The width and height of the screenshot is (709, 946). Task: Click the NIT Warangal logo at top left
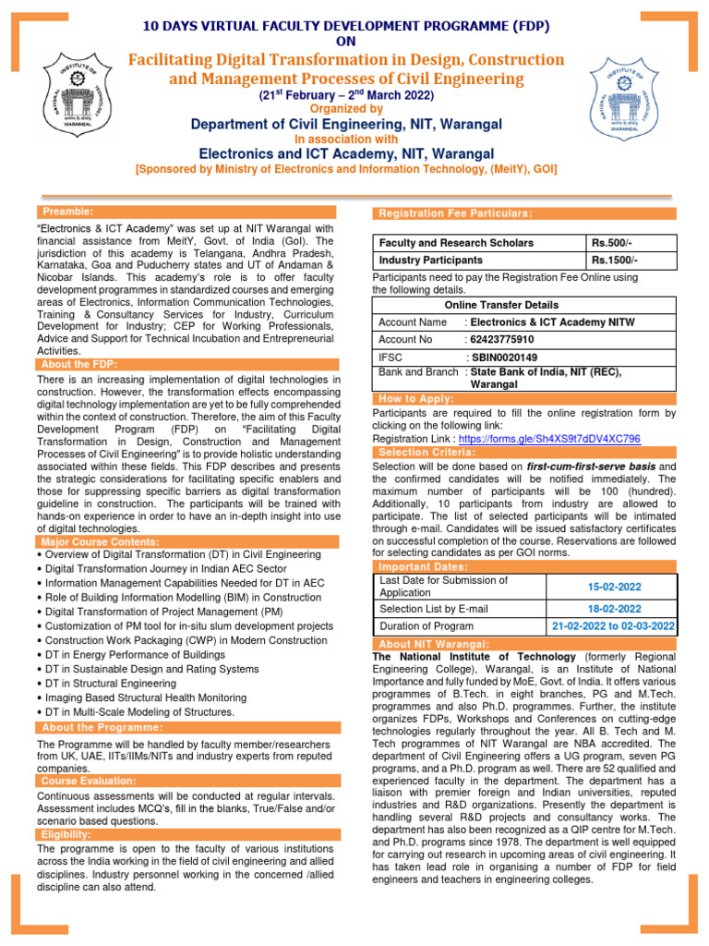[x=76, y=96]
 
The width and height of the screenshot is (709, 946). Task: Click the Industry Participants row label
[x=430, y=261]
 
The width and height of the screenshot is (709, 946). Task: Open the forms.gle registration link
[x=549, y=439]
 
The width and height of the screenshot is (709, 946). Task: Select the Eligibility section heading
[x=66, y=834]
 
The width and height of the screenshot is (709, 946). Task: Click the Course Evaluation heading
[x=88, y=781]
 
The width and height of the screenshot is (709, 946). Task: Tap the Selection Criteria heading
[x=427, y=453]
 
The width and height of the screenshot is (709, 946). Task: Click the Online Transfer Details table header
[x=501, y=305]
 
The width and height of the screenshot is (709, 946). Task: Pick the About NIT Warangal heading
[x=434, y=644]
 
